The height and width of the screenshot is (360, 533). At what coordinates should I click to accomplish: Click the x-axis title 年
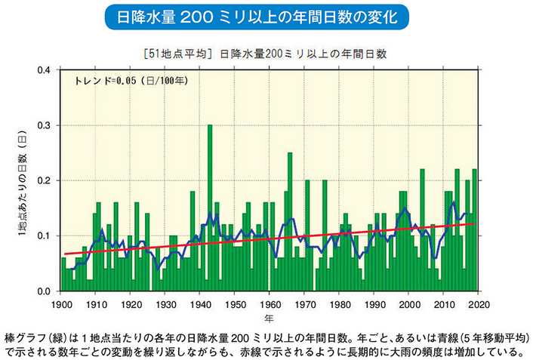269,318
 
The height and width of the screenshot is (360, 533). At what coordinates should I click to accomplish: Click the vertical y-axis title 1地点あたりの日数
23,181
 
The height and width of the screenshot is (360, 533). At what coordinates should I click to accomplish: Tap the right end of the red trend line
473,223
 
